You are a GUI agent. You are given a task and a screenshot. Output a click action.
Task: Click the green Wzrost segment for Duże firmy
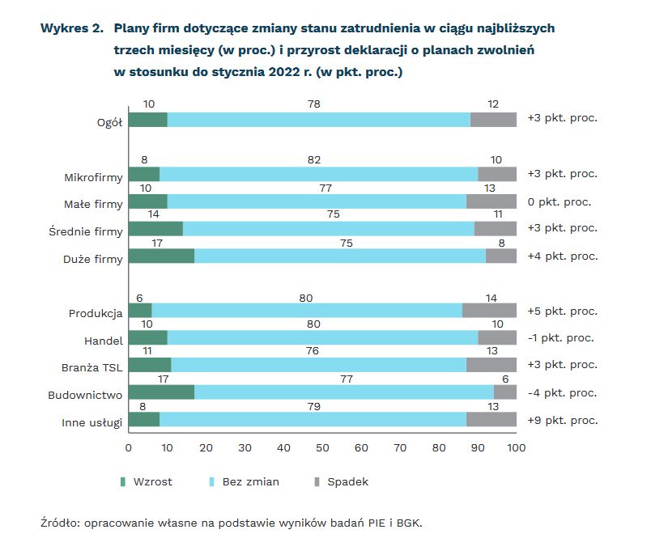(x=161, y=256)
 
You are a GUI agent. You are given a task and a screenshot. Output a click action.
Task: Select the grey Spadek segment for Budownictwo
(x=505, y=392)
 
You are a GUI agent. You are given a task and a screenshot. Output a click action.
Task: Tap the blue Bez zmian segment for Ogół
(x=319, y=119)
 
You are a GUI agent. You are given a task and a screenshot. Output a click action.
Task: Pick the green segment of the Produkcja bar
(x=140, y=311)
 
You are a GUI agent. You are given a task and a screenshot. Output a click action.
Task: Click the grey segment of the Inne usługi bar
(x=491, y=419)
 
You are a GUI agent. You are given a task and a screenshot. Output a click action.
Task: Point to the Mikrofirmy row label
(x=93, y=175)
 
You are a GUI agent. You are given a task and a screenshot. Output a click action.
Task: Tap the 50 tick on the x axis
(x=322, y=447)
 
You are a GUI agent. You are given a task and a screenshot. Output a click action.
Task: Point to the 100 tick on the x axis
(x=516, y=447)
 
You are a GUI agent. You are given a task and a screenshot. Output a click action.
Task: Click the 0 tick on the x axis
(x=129, y=447)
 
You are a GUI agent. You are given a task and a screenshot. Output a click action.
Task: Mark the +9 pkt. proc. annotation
(x=562, y=420)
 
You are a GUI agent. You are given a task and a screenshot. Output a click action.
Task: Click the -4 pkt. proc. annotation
(x=561, y=393)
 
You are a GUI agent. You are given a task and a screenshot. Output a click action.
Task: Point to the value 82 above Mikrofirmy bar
(x=315, y=160)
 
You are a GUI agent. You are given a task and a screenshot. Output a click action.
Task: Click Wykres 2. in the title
(x=71, y=28)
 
